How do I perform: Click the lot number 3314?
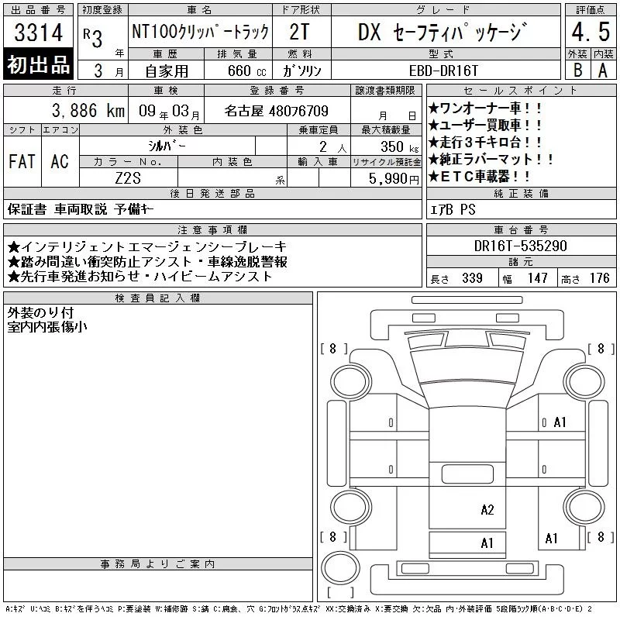[x=38, y=32]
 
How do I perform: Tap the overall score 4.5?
[x=591, y=32]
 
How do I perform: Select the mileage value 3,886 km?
[x=88, y=110]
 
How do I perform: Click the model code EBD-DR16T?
[x=443, y=71]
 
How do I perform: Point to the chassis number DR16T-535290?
[x=520, y=246]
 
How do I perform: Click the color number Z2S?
[x=128, y=178]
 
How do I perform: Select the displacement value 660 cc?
[x=246, y=71]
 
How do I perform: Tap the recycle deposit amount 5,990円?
[x=394, y=179]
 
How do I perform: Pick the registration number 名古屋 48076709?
[x=277, y=111]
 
